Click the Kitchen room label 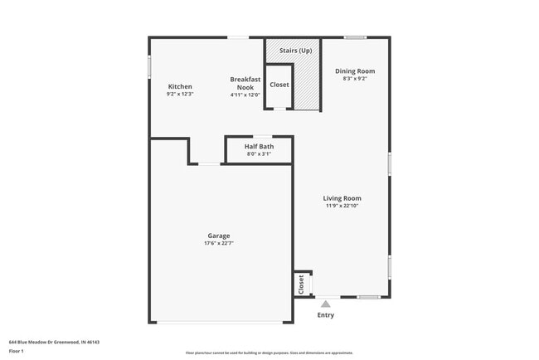click(180, 87)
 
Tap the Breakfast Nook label click(245, 83)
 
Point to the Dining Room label click(354, 71)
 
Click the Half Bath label click(259, 147)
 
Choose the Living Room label click(342, 198)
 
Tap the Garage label click(219, 236)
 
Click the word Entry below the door click(326, 315)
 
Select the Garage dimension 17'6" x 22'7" click(219, 244)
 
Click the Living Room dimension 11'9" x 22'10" click(342, 206)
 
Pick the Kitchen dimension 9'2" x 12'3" click(180, 95)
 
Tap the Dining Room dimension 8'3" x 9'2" click(354, 79)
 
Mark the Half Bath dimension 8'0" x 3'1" click(259, 154)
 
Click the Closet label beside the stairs click(279, 85)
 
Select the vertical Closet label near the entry click(301, 285)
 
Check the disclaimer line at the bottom click(269, 353)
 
